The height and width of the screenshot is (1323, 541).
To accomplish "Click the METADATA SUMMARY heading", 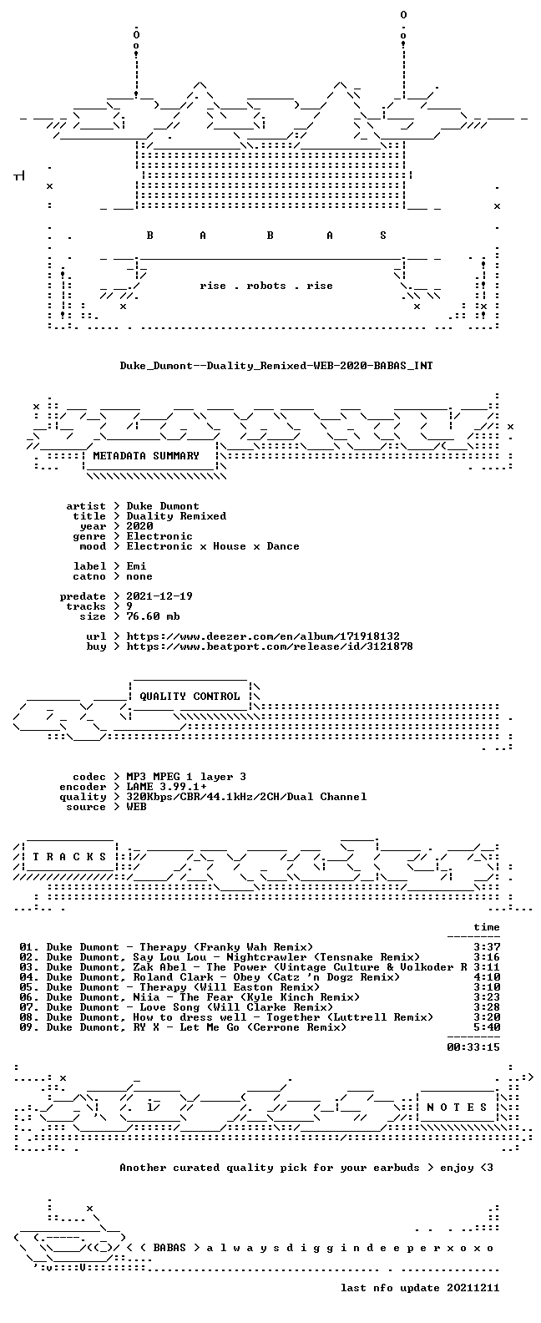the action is (x=146, y=456).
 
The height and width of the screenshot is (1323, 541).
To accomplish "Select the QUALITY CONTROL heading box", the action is (x=190, y=697).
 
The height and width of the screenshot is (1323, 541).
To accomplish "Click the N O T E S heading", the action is (x=457, y=1108).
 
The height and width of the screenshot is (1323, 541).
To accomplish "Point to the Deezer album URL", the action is (x=263, y=636).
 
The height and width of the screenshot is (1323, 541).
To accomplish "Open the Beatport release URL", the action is (x=270, y=646).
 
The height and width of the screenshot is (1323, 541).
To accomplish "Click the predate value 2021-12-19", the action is (x=159, y=596).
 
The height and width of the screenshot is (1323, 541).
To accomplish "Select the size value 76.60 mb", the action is (x=153, y=616).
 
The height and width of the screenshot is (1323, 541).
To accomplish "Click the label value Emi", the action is (x=136, y=566).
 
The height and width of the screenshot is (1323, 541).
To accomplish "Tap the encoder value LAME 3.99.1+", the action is (x=166, y=787).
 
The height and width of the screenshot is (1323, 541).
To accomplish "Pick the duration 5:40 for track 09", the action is (x=487, y=1027).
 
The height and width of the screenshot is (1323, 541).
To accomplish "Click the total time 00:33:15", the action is (x=473, y=1047).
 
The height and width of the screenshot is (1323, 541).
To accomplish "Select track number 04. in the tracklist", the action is (x=29, y=977).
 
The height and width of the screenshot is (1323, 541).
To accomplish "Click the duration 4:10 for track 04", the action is (x=487, y=977).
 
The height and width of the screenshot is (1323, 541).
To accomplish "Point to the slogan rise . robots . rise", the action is (x=265, y=286).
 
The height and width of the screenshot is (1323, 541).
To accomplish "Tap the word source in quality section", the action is (x=86, y=807).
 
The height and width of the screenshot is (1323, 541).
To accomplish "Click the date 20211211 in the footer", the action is (x=473, y=1288).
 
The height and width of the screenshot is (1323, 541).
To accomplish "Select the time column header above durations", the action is (x=487, y=927).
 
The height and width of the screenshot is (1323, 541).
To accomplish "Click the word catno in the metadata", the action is (x=90, y=576).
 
